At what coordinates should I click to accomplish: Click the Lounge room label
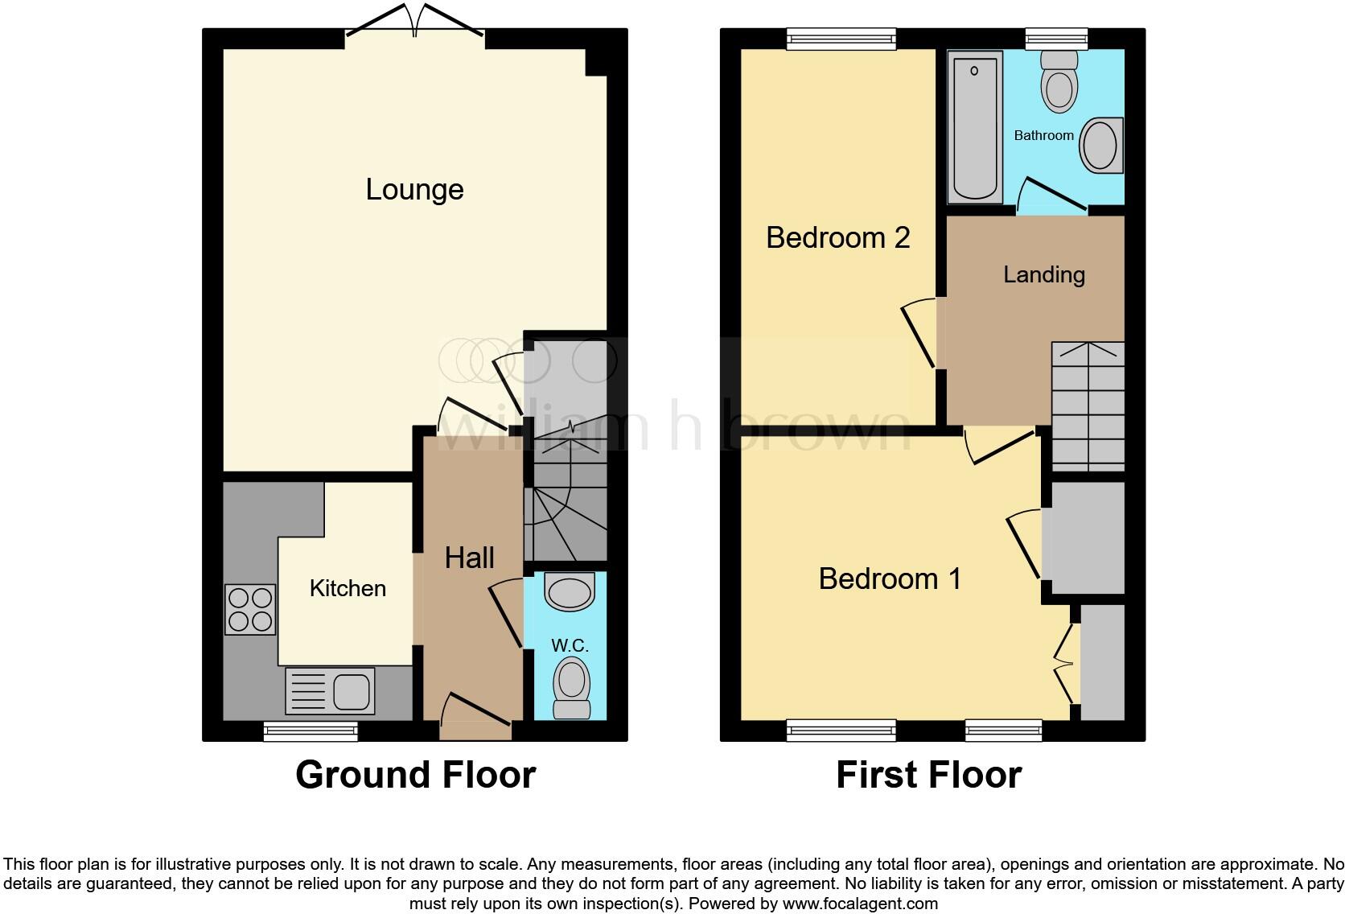click(x=414, y=190)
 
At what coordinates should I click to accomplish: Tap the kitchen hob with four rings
click(x=250, y=609)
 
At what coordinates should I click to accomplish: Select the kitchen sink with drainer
click(x=330, y=691)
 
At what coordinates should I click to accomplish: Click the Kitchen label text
click(x=348, y=588)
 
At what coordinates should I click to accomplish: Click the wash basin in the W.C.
click(x=570, y=592)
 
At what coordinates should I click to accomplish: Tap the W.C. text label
click(x=570, y=645)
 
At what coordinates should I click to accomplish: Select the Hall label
click(x=469, y=558)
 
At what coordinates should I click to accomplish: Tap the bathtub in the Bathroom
click(x=974, y=126)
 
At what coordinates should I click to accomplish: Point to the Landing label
click(x=1043, y=275)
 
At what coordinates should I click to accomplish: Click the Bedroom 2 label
click(x=837, y=238)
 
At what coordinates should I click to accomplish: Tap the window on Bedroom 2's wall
click(x=841, y=38)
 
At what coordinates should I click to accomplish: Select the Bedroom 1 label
click(x=890, y=579)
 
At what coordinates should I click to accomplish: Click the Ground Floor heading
click(x=415, y=775)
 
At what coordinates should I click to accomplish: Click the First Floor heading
click(x=928, y=775)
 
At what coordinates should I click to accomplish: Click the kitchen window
click(x=311, y=731)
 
